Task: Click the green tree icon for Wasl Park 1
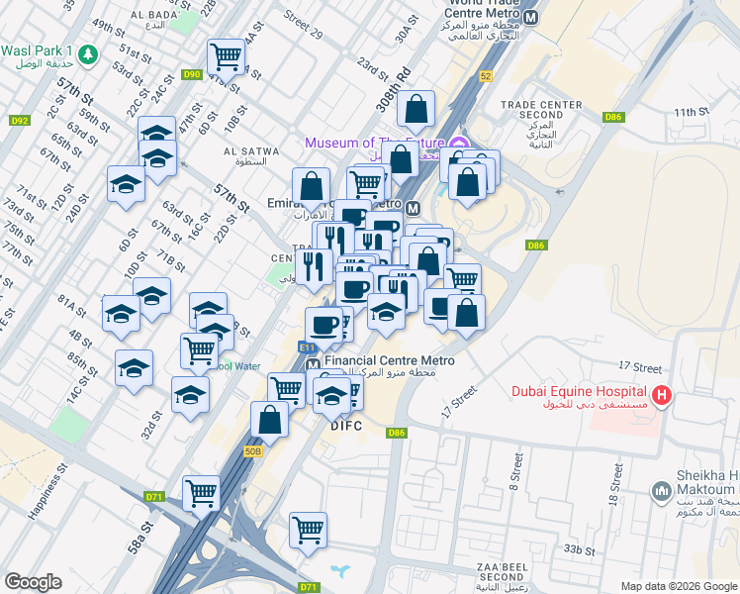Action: pos(89,53)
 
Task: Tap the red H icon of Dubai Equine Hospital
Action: pos(661,397)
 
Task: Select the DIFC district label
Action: pos(346,426)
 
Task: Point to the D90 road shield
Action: pos(192,74)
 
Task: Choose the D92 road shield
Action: pos(19,121)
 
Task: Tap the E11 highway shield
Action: pos(308,347)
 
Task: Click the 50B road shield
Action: pos(254,451)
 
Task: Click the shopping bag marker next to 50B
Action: pos(269,420)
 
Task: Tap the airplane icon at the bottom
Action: pos(342,571)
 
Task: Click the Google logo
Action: pos(33,582)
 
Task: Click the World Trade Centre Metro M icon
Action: pos(531,19)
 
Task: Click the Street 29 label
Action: pos(303,28)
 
